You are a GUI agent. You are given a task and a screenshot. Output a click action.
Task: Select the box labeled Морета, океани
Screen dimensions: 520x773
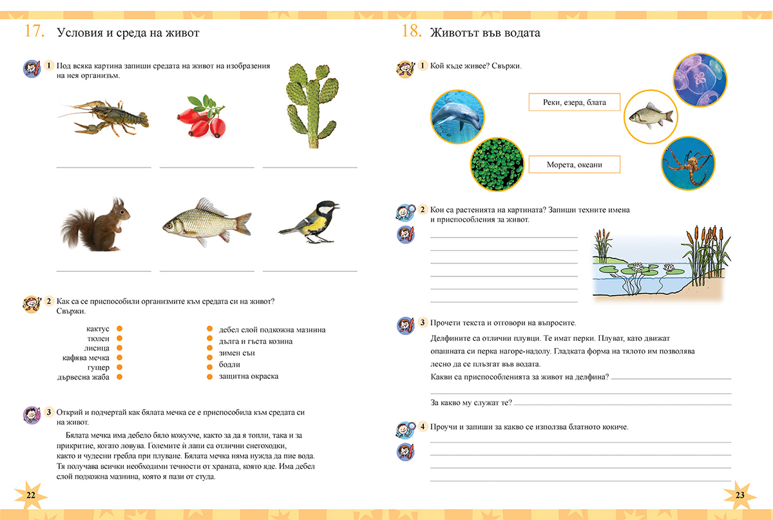(574, 165)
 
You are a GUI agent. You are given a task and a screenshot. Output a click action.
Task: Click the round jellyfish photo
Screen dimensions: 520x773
(699, 80)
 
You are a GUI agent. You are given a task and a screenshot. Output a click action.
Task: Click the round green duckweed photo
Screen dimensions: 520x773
(497, 166)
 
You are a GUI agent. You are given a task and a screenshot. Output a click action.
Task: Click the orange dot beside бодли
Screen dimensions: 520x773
(210, 365)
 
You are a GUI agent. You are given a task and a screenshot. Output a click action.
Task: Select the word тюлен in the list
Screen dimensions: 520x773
(99, 338)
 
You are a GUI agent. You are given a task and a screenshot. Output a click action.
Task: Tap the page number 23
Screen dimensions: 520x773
(739, 494)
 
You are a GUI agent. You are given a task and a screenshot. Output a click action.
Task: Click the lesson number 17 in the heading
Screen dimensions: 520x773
(34, 32)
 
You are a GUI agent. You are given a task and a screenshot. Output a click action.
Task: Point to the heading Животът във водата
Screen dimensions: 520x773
(484, 32)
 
